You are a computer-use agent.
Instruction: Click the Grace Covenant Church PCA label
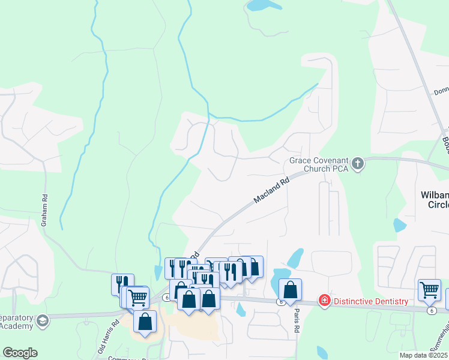tap(318, 164)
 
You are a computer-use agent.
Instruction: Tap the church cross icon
tap(358, 163)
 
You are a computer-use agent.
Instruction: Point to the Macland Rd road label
tap(271, 189)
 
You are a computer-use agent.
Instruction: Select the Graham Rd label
tap(44, 209)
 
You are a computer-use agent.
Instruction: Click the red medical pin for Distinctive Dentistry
tap(325, 299)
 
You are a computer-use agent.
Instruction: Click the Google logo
tap(20, 353)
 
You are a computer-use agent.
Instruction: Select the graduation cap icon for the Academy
tap(42, 321)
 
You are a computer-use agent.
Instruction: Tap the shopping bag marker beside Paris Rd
tap(290, 290)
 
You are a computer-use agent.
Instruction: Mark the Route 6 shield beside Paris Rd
tap(281, 302)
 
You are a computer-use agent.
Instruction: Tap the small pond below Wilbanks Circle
tap(400, 226)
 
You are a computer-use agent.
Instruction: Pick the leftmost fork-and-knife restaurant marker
tap(122, 284)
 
